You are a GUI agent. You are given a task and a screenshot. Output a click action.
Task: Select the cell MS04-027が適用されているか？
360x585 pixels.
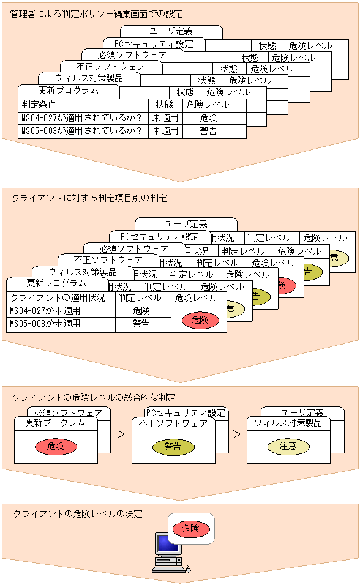click(x=83, y=117)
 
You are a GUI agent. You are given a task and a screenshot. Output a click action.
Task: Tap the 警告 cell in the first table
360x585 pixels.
click(x=208, y=131)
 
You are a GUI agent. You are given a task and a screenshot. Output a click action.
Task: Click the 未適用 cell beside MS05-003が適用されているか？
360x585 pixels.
click(x=165, y=131)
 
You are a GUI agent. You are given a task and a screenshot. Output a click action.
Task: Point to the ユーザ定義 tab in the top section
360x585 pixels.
click(x=171, y=31)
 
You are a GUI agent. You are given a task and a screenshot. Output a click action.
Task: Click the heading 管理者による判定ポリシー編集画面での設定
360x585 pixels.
click(x=96, y=13)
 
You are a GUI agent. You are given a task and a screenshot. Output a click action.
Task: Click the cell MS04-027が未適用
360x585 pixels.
click(x=45, y=311)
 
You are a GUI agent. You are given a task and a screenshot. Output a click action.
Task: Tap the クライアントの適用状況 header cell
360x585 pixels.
click(x=59, y=298)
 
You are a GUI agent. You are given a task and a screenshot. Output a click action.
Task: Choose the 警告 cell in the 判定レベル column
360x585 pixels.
click(x=141, y=324)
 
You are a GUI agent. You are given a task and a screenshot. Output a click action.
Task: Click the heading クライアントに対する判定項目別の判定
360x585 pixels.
click(x=89, y=198)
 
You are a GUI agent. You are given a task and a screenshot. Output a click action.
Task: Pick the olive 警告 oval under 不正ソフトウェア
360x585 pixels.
click(x=173, y=447)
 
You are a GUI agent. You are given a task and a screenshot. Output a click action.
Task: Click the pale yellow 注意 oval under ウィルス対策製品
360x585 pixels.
click(x=288, y=447)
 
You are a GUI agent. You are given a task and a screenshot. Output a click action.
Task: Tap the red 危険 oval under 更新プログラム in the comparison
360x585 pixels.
click(x=56, y=447)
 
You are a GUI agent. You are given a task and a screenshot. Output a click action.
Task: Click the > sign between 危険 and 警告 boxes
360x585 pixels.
click(x=121, y=434)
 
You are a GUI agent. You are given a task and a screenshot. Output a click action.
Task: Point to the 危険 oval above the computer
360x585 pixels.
click(x=190, y=528)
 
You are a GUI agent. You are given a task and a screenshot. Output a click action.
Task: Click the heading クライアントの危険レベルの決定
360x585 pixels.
click(x=78, y=513)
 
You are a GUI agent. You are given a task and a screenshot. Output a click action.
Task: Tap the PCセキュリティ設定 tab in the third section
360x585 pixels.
click(x=186, y=413)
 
